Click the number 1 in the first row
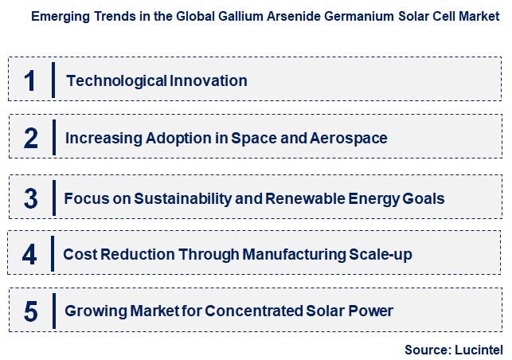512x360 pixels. click(30, 80)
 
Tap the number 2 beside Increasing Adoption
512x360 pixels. click(31, 139)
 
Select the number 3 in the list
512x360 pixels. click(31, 198)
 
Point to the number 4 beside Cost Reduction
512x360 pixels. click(29, 255)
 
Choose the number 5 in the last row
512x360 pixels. click(31, 311)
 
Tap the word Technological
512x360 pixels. click(116, 80)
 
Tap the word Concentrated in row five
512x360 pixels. click(249, 311)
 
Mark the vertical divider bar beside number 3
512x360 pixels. click(53, 198)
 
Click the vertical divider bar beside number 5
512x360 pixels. click(53, 311)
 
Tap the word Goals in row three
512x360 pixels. click(425, 198)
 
